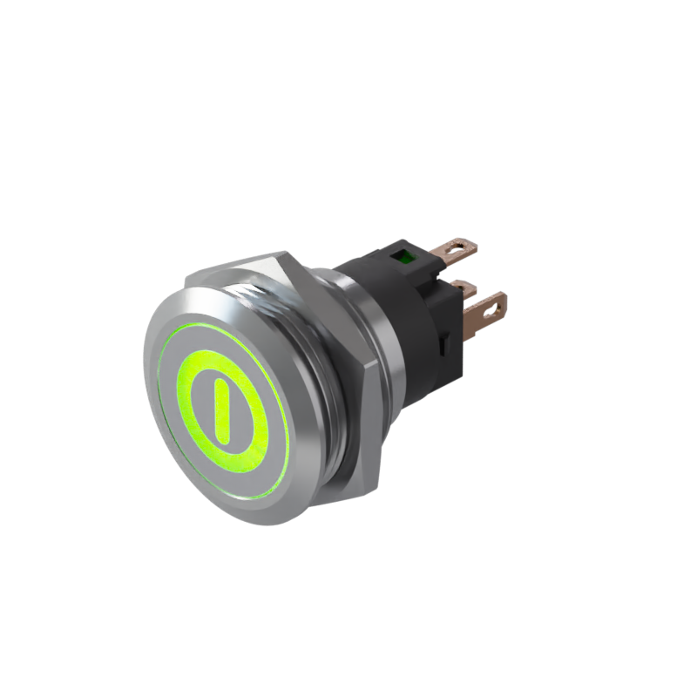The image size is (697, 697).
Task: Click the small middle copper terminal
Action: coord(464,287)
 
